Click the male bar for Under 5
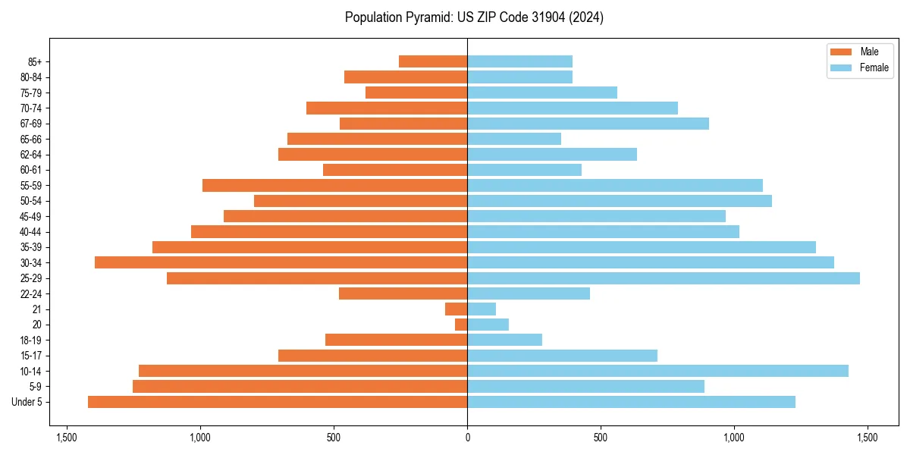coord(278,402)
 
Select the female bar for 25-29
coord(664,278)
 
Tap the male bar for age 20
coord(461,325)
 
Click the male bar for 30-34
coord(281,262)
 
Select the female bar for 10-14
coord(657,371)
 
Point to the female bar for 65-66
coord(514,139)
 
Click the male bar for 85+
coord(433,61)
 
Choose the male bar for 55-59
coord(334,186)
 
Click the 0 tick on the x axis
coord(467,438)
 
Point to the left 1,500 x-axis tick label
coord(67,438)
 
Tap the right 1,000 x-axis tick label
coord(734,438)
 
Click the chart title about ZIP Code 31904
coord(474,17)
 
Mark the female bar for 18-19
coord(504,340)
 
